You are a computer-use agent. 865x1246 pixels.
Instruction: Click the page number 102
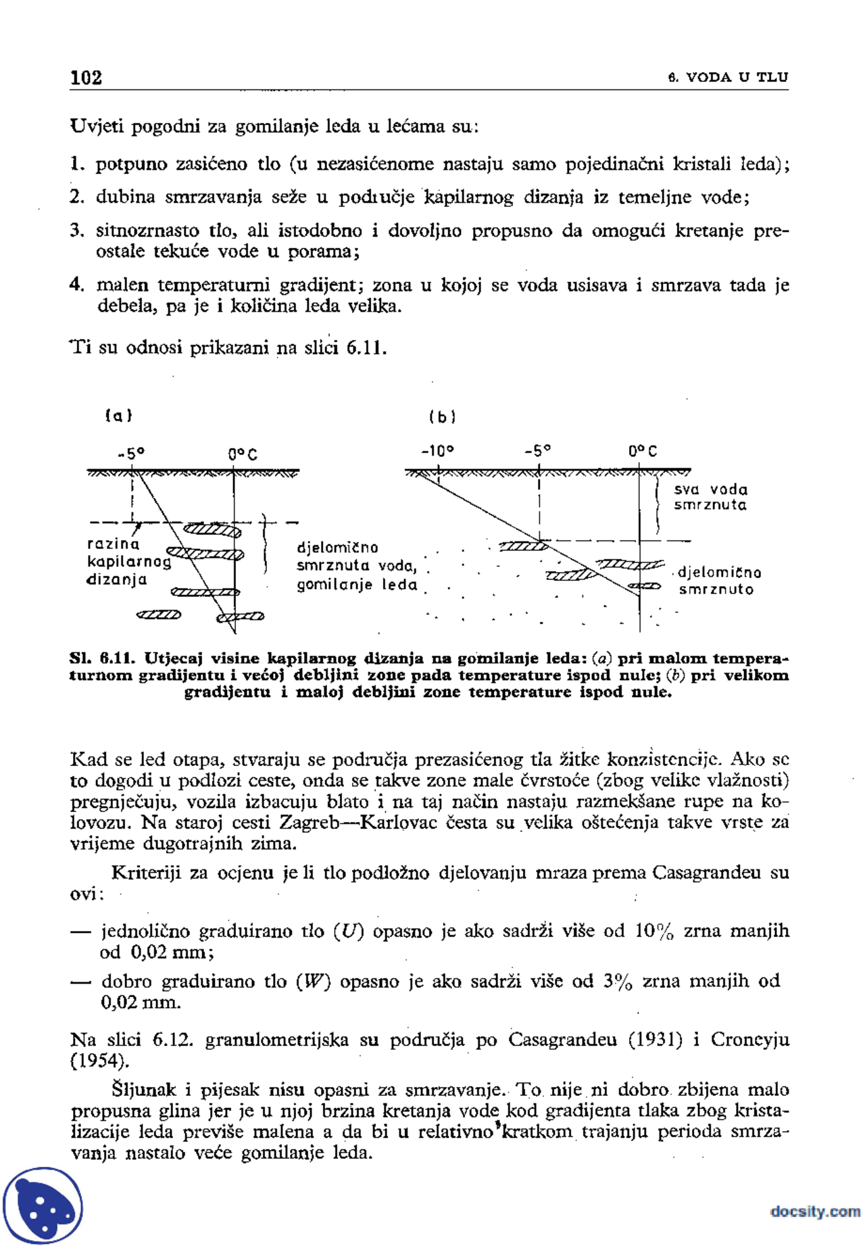[86, 77]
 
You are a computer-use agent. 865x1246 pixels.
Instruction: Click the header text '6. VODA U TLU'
[728, 77]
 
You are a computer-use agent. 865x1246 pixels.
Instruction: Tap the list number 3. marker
[76, 231]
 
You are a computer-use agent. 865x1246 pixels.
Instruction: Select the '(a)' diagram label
[119, 415]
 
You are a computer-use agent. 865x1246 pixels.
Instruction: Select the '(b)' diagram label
[442, 416]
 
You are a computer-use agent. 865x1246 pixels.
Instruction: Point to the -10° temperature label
[437, 450]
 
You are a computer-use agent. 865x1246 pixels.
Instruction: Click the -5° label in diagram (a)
[131, 453]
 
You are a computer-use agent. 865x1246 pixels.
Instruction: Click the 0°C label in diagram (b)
[642, 451]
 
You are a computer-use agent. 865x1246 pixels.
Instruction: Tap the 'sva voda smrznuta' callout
[710, 497]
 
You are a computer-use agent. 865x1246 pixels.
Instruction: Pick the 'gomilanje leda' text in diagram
[357, 585]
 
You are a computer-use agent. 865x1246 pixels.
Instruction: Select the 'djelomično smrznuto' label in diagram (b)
[718, 581]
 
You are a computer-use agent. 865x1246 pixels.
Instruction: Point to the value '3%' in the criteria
[617, 982]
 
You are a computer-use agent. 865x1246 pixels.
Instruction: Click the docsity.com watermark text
[815, 1211]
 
